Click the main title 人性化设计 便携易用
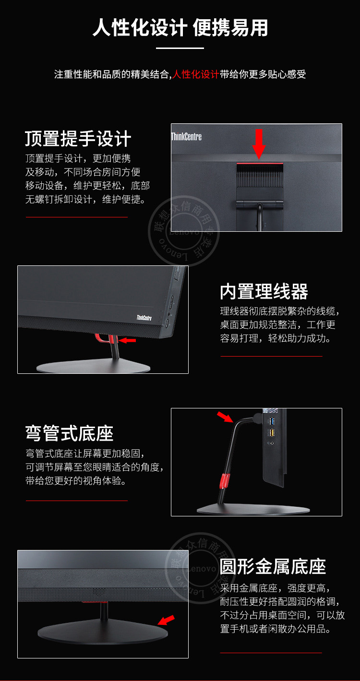coord(180,28)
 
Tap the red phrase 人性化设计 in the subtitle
coord(195,74)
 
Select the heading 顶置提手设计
coord(78,139)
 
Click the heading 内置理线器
coord(264,291)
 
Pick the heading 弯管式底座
coord(69,433)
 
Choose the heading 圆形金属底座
coord(273,566)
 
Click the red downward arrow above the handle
coord(259,144)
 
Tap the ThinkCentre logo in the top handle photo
coord(186,136)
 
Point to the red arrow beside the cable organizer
coord(127,340)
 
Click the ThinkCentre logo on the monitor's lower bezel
coord(144,318)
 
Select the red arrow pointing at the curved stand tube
coord(225,417)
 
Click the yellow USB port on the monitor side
coord(272,432)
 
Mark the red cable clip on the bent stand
coord(225,481)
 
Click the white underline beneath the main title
coord(180,48)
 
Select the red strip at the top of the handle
coord(260,164)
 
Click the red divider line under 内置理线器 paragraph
coord(271,356)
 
